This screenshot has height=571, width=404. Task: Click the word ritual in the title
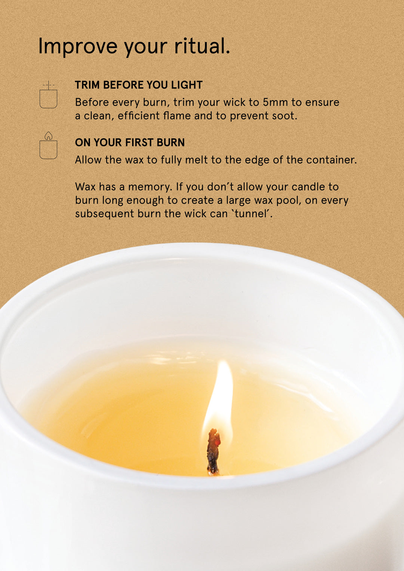(202, 46)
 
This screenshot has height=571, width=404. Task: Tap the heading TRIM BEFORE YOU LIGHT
(138, 85)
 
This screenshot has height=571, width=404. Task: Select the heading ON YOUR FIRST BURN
(129, 142)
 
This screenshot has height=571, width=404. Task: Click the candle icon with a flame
(48, 146)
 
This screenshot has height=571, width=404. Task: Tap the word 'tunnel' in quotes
(253, 214)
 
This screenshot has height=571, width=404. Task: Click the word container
(331, 160)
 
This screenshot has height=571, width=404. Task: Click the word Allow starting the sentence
(88, 160)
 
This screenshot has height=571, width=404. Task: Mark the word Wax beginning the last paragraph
(85, 187)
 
